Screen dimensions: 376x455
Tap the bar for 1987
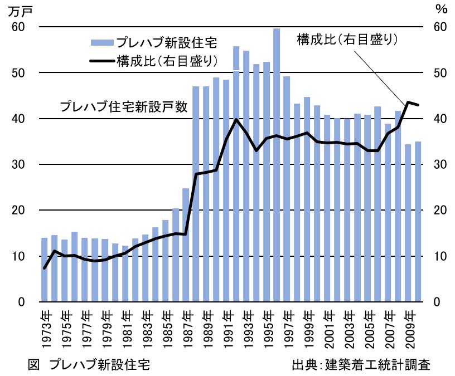tap(186, 245)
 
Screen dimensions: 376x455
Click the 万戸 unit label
tap(21, 9)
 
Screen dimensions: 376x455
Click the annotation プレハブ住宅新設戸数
tap(124, 105)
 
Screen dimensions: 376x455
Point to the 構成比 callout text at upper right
tap(347, 40)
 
